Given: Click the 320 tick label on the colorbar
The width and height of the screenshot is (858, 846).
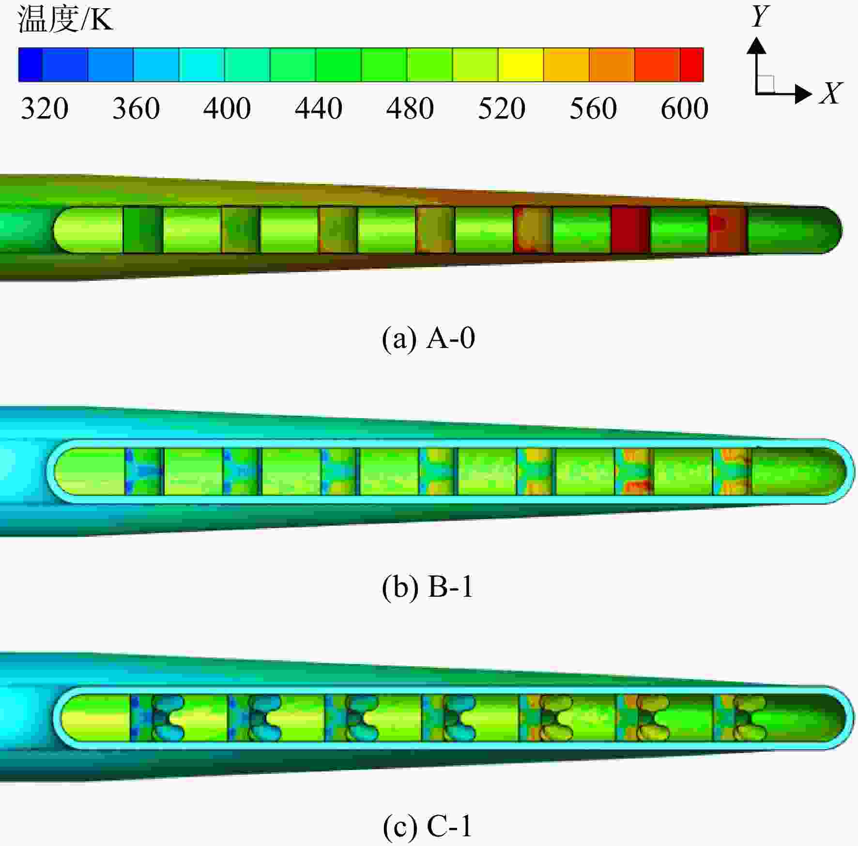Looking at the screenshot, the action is point(45,108).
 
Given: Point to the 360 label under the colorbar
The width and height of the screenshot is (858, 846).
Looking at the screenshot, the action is point(136,108).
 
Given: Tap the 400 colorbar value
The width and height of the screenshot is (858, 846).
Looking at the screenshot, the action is point(227,108).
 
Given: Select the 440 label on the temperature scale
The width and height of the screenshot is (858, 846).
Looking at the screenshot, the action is point(319,108).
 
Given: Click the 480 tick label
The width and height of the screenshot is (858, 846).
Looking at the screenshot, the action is point(410,108).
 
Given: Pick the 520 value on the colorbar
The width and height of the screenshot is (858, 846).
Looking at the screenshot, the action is point(502,108).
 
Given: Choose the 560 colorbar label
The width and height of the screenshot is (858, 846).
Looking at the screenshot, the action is point(593,108).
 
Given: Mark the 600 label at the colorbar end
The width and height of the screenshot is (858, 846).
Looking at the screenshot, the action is point(685,108).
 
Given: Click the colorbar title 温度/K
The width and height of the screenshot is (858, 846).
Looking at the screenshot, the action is point(65,20).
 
